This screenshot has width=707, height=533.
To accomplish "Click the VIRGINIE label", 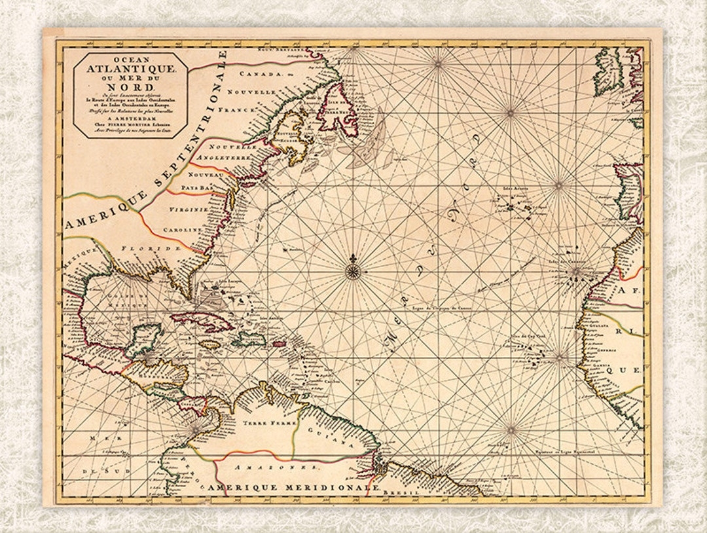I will [189, 210].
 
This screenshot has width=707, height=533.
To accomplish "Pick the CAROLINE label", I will [187, 231].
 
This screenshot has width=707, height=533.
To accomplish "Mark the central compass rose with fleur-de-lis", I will [352, 270].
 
